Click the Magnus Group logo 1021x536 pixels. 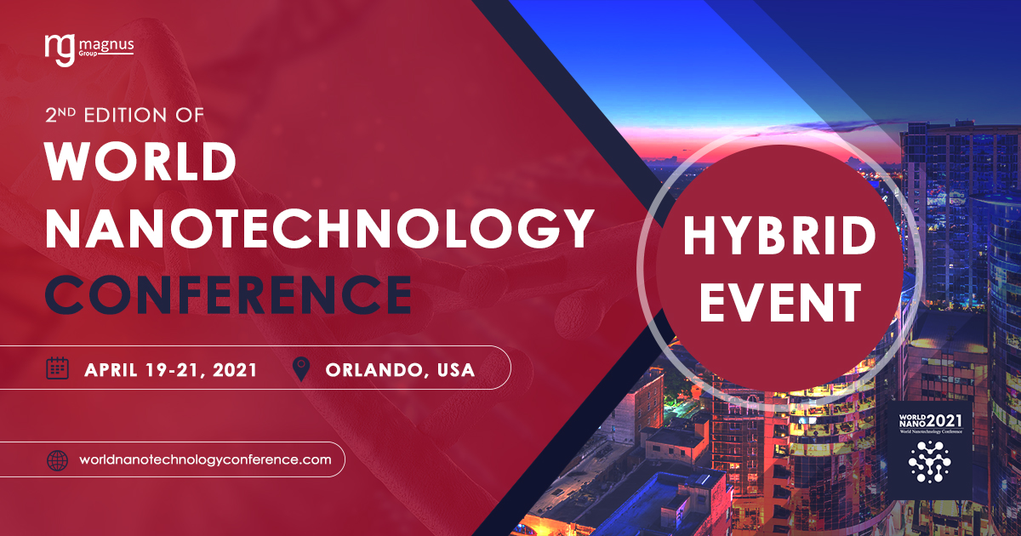[x=89, y=50]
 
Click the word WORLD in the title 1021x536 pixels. [x=140, y=162]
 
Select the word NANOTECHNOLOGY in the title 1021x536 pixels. [x=320, y=228]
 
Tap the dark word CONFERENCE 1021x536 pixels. [x=228, y=294]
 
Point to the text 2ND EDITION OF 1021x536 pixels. [x=124, y=115]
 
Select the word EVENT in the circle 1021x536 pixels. [x=780, y=302]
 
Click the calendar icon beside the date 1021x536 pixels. [x=58, y=368]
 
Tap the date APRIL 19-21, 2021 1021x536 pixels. [x=170, y=369]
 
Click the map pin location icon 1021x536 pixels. [x=301, y=368]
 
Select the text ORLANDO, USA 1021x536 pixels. [x=400, y=370]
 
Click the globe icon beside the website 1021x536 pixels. [x=58, y=460]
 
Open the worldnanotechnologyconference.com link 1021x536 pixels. [x=205, y=460]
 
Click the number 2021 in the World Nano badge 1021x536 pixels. [x=944, y=420]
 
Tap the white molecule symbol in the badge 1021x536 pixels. [x=929, y=462]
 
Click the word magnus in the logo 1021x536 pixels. [x=106, y=45]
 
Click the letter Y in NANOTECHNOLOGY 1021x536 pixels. [x=573, y=228]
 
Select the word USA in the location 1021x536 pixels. [x=456, y=369]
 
